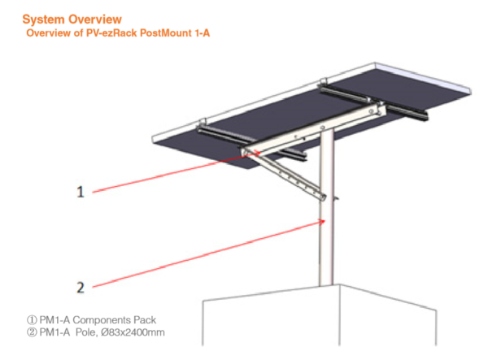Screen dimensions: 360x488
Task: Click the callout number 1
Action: point(81,192)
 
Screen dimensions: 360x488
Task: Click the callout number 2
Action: point(81,286)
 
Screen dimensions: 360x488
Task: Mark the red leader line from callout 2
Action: point(203,254)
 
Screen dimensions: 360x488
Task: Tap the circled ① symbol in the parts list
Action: point(32,319)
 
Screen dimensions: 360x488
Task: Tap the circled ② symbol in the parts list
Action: point(32,332)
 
